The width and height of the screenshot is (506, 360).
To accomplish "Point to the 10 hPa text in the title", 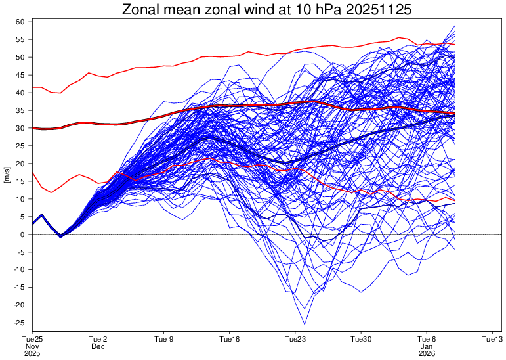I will pos(305,9).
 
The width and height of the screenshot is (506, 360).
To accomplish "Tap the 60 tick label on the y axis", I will pos(20,22).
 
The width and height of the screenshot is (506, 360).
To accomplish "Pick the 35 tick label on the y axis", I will pos(20,110).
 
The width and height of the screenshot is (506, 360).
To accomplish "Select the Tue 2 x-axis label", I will pos(98,339).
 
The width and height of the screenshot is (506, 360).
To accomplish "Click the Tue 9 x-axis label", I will pos(163,339).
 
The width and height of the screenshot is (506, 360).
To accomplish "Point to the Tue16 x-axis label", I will pos(230,339).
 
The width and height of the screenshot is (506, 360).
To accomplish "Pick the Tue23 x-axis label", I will pos(295,339).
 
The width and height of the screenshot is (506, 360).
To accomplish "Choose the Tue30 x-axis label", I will pos(361,339).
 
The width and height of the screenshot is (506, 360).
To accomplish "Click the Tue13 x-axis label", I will pos(492,339).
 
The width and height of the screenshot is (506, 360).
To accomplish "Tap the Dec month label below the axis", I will pos(98,346).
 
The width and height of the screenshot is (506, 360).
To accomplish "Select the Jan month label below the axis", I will pos(427,346).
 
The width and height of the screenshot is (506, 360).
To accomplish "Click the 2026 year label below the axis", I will pos(427,353).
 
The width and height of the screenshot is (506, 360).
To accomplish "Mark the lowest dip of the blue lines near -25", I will pos(305,323).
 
